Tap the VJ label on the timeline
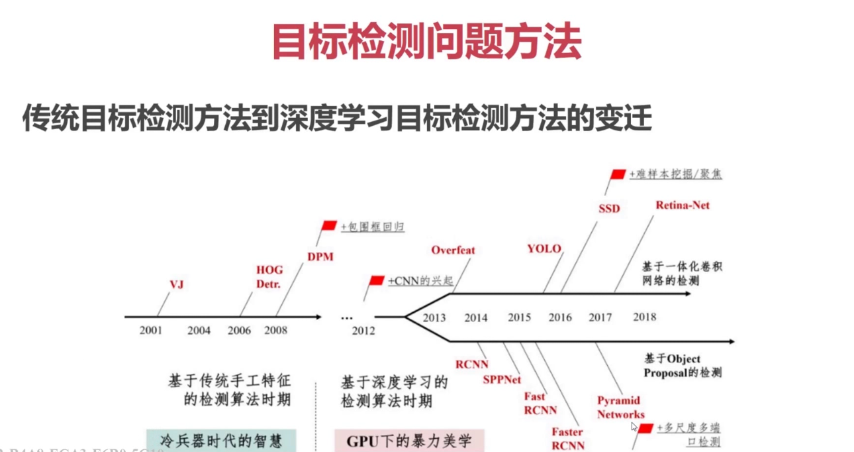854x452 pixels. [x=176, y=285]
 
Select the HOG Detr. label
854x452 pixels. [x=269, y=277]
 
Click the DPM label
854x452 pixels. [x=320, y=256]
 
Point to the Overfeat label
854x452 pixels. [x=453, y=250]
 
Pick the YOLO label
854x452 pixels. [x=544, y=249]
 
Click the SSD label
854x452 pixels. [x=609, y=209]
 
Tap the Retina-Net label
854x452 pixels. [x=682, y=205]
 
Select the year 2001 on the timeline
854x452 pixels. [x=151, y=330]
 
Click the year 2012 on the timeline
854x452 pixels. [x=363, y=331]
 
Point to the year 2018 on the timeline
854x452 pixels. [x=644, y=317]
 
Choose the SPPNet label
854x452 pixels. [x=502, y=380]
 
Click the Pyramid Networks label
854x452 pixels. [x=620, y=408]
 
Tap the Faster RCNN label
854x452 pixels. [x=568, y=439]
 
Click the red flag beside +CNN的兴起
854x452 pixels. [x=377, y=280]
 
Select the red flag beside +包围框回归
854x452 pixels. [x=329, y=225]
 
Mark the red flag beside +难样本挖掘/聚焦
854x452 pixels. [x=618, y=174]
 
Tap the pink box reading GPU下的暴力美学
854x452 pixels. [x=409, y=441]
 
